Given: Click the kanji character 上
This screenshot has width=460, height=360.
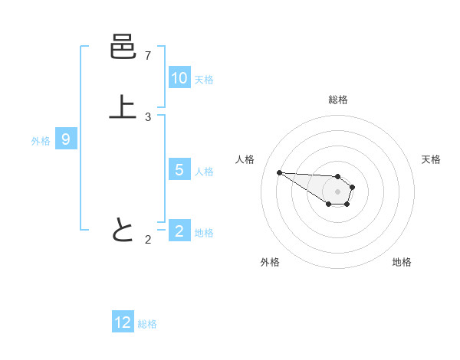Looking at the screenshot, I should pyautogui.click(x=123, y=108).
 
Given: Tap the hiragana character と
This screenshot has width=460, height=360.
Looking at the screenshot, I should pyautogui.click(x=123, y=230).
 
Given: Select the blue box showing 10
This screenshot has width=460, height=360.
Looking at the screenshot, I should pyautogui.click(x=179, y=77).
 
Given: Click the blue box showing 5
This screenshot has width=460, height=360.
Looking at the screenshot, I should pyautogui.click(x=179, y=170).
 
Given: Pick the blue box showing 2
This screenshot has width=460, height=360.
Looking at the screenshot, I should pyautogui.click(x=179, y=231).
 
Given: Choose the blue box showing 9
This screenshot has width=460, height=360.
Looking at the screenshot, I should pyautogui.click(x=66, y=139).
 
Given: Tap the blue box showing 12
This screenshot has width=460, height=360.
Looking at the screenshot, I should pyautogui.click(x=123, y=322).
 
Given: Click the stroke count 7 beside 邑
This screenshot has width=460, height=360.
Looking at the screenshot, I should pyautogui.click(x=148, y=56).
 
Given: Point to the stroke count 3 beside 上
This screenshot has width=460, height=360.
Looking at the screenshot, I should pyautogui.click(x=148, y=117).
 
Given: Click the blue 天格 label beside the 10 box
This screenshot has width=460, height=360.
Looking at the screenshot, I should pyautogui.click(x=204, y=79).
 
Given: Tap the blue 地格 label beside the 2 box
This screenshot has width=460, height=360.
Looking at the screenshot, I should pyautogui.click(x=204, y=232).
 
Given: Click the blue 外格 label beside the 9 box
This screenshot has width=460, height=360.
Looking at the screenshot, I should pyautogui.click(x=41, y=140).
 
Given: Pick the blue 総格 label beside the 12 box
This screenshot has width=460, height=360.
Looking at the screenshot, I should pyautogui.click(x=147, y=324).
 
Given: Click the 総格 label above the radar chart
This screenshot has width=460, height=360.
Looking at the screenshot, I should pyautogui.click(x=338, y=100).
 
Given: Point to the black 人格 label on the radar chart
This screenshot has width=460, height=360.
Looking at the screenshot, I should pyautogui.click(x=245, y=159).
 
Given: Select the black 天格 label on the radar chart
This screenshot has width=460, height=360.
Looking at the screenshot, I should pyautogui.click(x=431, y=159).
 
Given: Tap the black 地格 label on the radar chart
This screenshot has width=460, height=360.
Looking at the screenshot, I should pyautogui.click(x=402, y=262).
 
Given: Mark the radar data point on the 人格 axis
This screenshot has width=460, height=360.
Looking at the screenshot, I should pyautogui.click(x=279, y=172).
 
